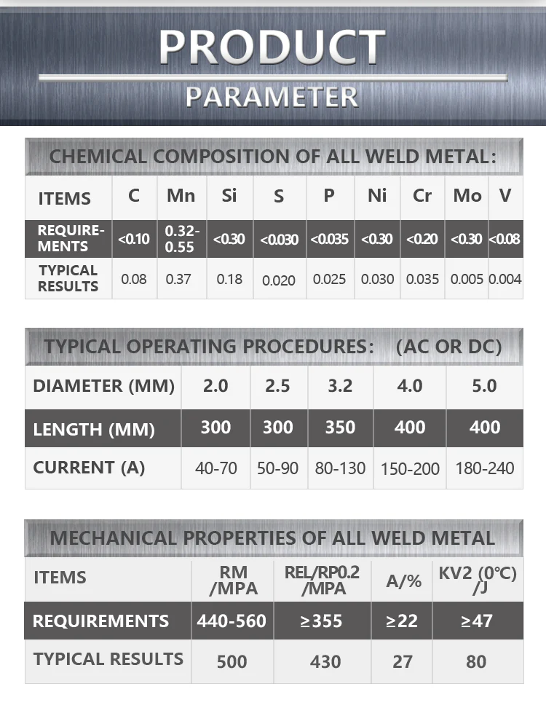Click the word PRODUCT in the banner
[272, 46]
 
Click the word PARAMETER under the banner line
[272, 96]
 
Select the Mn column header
[181, 196]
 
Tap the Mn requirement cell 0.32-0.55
[181, 238]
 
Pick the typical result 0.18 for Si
[229, 279]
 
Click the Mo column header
[467, 196]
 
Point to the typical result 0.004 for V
[505, 279]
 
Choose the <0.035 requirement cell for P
[329, 239]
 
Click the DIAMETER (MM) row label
[103, 385]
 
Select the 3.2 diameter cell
[340, 385]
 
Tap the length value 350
[340, 428]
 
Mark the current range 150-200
[410, 468]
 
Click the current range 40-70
[216, 468]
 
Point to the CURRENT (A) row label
[89, 468]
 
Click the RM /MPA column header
[232, 580]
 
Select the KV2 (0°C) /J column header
[478, 580]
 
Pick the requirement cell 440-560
[232, 621]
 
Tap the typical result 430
[325, 661]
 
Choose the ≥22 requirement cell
[402, 621]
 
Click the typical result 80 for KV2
[477, 661]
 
